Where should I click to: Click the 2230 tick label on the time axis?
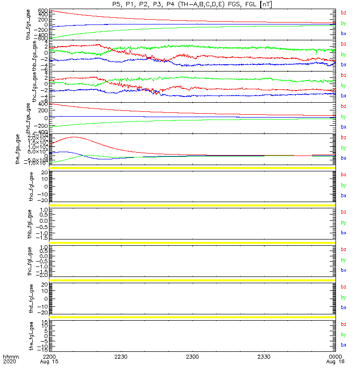tap(121, 357)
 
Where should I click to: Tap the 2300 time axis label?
tap(192, 357)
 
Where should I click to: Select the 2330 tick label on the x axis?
tap(264, 357)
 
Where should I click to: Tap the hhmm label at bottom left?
tap(10, 357)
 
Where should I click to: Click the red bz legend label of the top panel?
tap(343, 13)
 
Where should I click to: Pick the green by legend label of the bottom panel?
tap(343, 335)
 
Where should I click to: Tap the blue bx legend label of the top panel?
tap(343, 34)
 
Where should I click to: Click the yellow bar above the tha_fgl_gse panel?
tap(192, 168)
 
